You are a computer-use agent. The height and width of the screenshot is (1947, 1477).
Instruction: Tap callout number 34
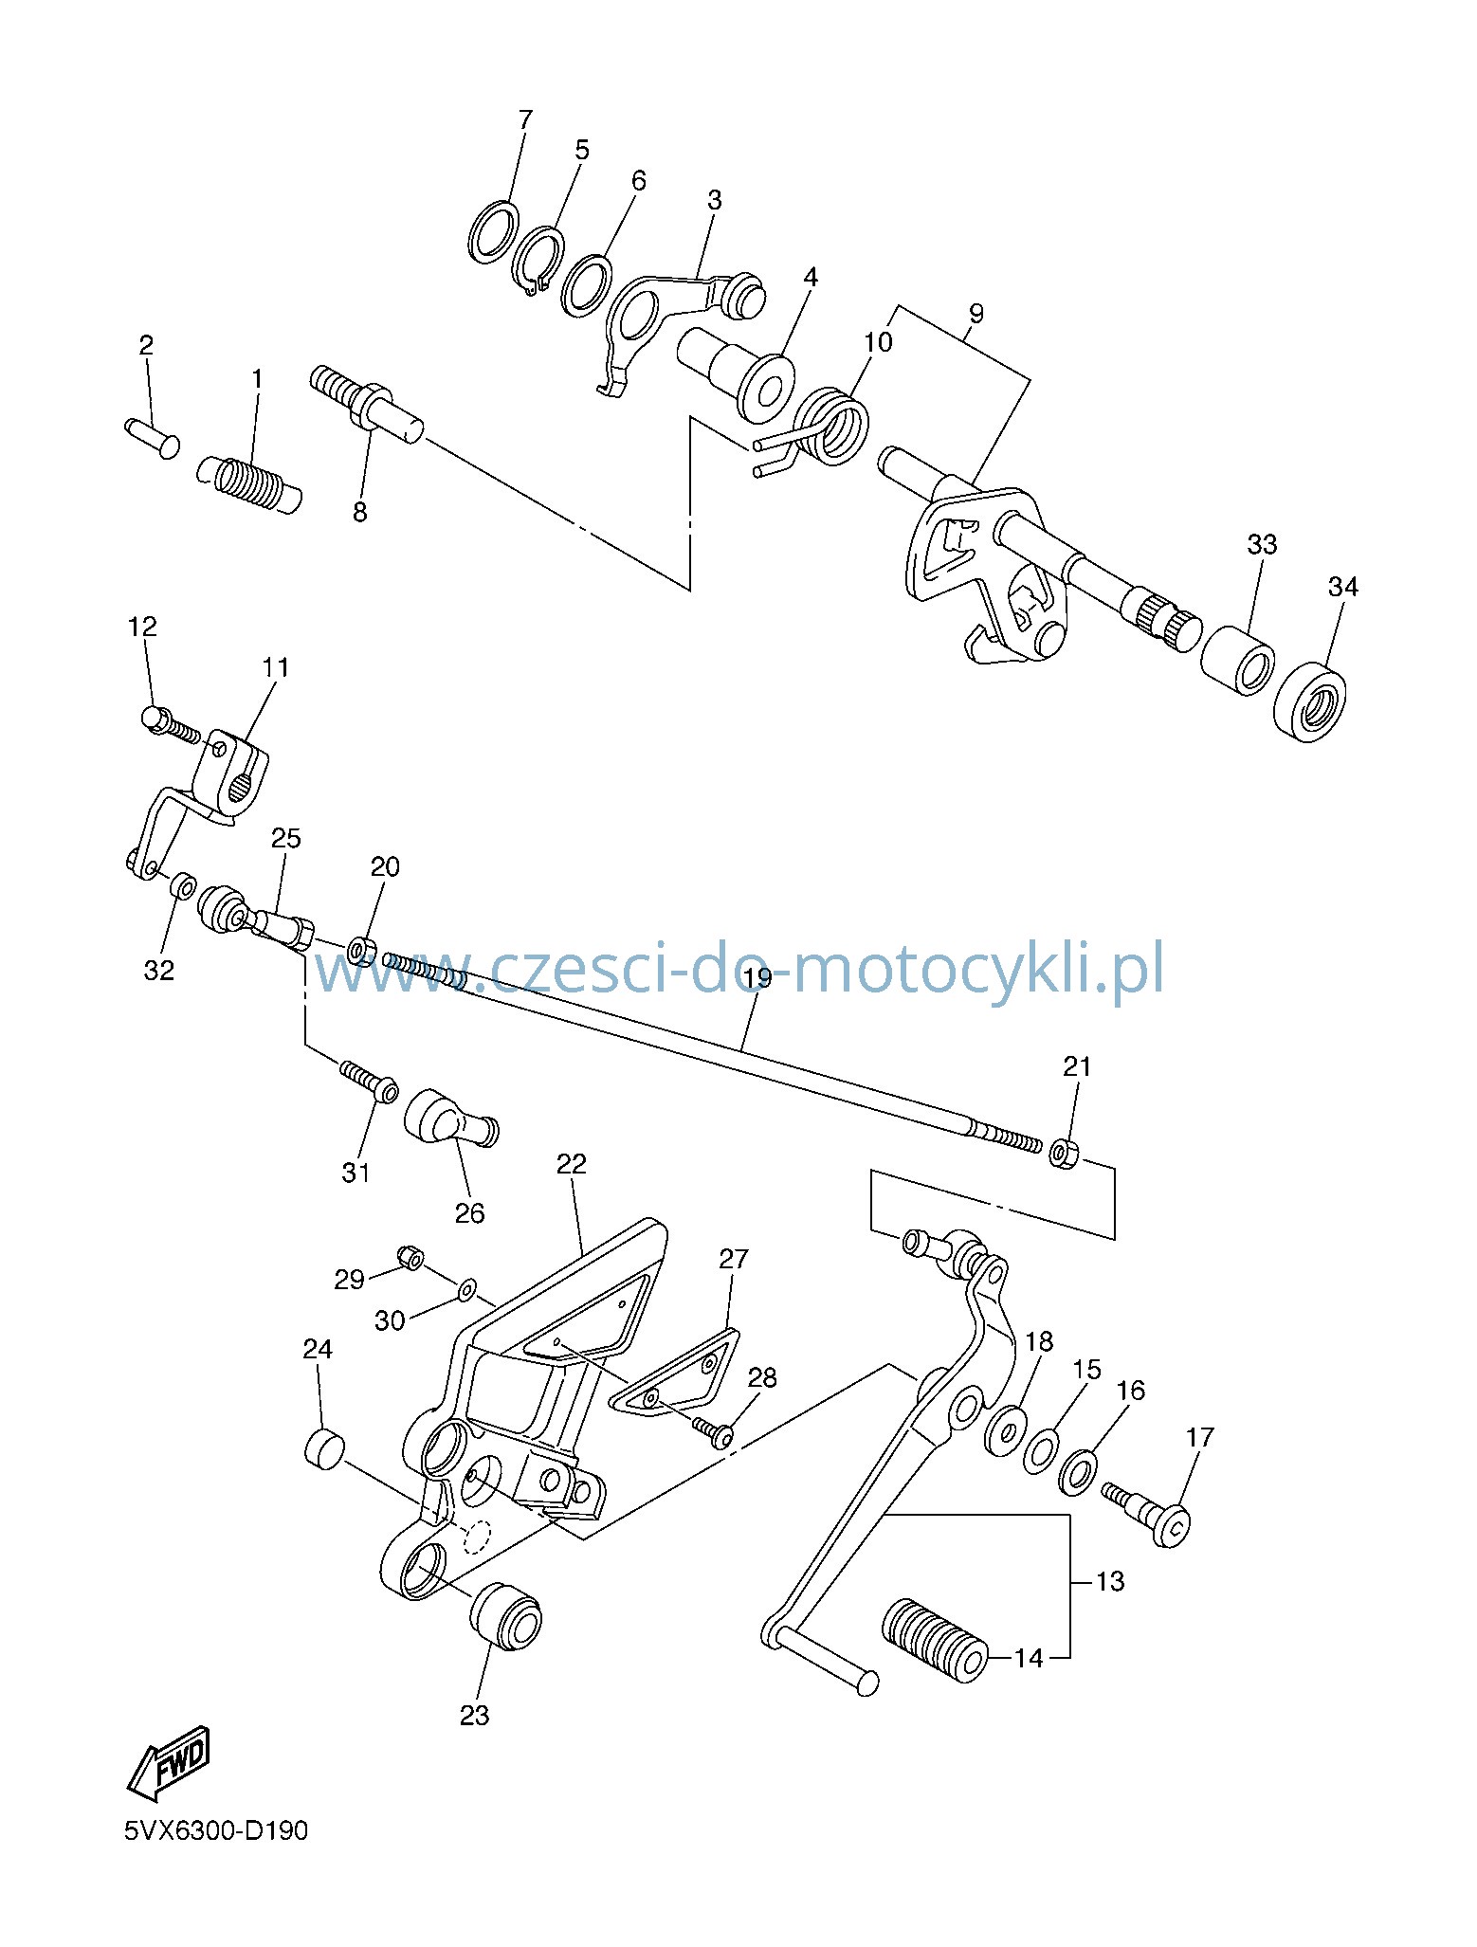click(1342, 588)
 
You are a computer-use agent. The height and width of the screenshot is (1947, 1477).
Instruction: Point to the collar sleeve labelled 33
click(1237, 660)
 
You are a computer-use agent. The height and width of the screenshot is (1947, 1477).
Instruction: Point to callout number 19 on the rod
click(757, 978)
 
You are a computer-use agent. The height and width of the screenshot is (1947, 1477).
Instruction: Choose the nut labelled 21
click(1065, 1155)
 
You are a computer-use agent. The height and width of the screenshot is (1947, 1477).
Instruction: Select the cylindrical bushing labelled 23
click(506, 1616)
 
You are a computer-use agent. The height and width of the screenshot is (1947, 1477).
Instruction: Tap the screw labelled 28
click(713, 1431)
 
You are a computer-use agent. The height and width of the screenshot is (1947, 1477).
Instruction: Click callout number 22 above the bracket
click(572, 1163)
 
